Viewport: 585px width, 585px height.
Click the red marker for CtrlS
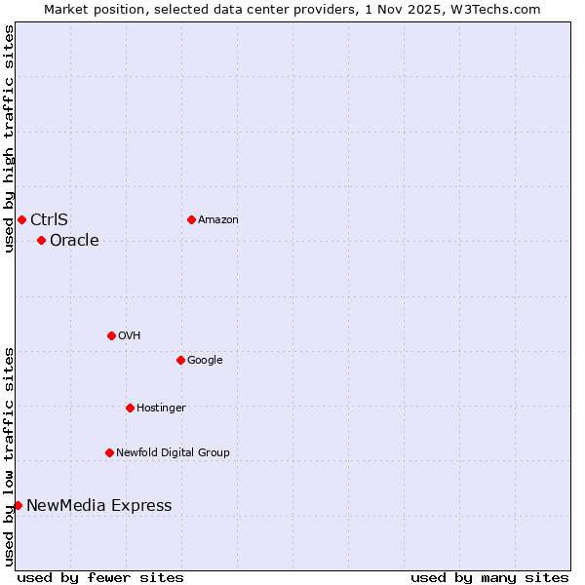(21, 219)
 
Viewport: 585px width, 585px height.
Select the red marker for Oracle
(41, 240)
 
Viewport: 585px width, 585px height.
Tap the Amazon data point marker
(191, 219)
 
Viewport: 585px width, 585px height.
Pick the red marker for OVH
(111, 335)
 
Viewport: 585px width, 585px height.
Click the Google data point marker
(180, 360)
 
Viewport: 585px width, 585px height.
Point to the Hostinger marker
(130, 408)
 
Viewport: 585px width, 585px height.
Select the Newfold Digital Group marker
(109, 452)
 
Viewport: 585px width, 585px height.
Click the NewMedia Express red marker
(18, 505)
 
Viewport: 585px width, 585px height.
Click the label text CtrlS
(49, 219)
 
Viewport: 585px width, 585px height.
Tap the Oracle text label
(74, 241)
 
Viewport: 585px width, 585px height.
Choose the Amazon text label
(218, 219)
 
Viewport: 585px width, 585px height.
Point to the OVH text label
(130, 335)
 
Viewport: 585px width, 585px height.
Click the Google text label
(205, 360)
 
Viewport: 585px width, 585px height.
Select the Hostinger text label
(161, 408)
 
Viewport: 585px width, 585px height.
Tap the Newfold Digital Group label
(173, 452)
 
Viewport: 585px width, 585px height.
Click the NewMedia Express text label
(98, 505)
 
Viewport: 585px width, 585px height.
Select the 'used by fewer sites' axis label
(100, 577)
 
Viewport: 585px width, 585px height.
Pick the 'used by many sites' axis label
(489, 577)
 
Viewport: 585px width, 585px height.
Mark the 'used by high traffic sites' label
(9, 138)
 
